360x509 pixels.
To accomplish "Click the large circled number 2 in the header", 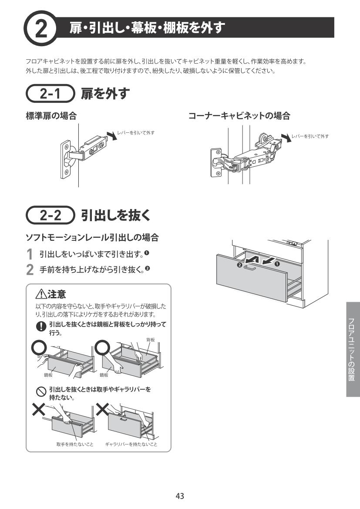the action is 40,29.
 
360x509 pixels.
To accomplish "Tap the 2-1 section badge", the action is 50,94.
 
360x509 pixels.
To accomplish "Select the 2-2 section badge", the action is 50,215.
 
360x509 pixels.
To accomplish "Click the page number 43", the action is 180,496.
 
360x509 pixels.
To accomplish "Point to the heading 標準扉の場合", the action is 51,116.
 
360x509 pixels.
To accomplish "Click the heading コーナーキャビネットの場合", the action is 239,116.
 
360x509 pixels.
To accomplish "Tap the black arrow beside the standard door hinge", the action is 112,136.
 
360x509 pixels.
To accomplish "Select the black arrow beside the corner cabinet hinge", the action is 286,137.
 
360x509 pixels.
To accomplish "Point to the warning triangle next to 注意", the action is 41,294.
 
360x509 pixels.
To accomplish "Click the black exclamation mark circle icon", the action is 41,326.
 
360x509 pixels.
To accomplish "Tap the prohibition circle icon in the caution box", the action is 41,392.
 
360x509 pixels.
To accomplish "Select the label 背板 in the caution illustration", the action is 150,340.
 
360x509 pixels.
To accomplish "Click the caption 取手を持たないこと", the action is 75,444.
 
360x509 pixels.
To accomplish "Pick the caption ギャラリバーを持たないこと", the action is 131,444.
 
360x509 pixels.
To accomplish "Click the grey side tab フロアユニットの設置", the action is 353,349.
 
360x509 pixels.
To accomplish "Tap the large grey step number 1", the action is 30,254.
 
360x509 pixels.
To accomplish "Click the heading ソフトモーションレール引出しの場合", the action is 92,238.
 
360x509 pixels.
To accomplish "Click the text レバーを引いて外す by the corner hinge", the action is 310,136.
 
